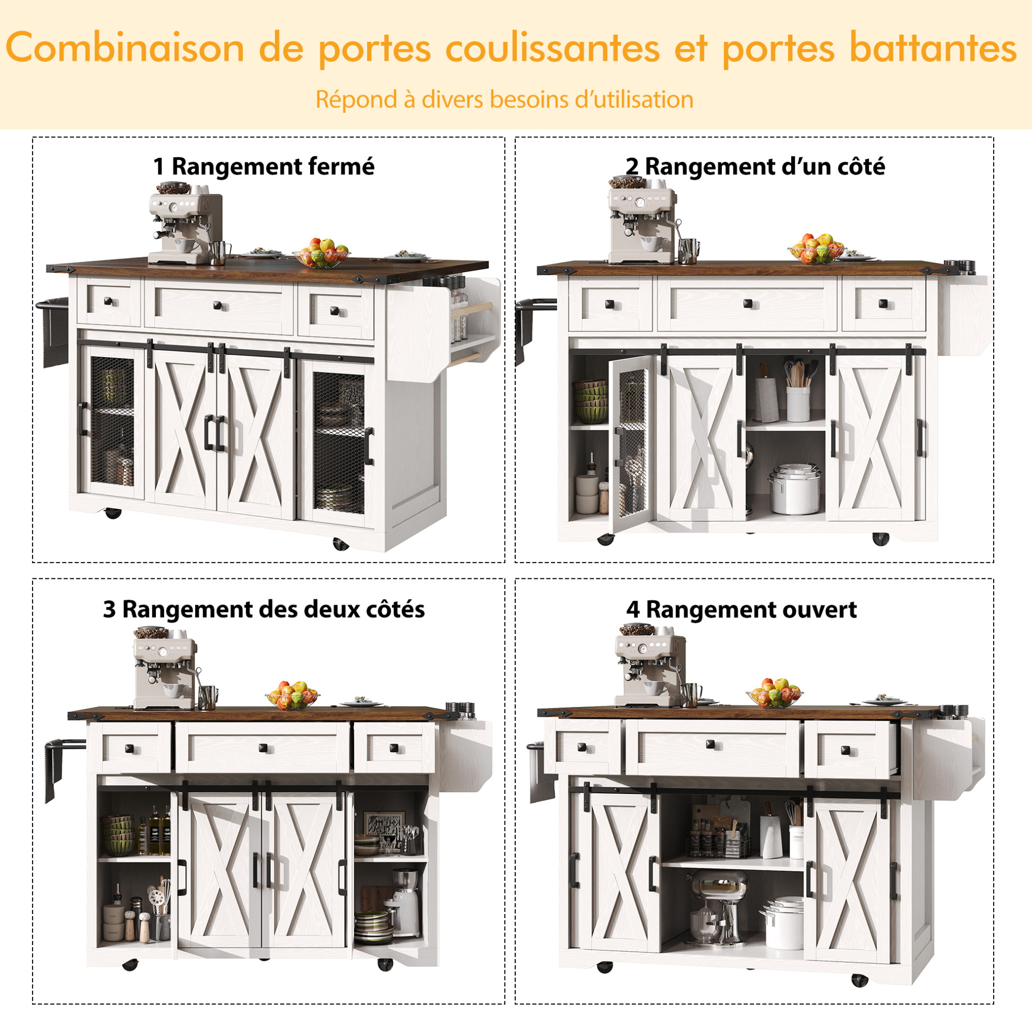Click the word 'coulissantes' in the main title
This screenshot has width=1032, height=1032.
pyautogui.click(x=552, y=48)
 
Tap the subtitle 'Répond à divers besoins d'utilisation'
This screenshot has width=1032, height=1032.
pyautogui.click(x=505, y=99)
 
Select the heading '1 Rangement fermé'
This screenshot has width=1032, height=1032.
pyautogui.click(x=263, y=166)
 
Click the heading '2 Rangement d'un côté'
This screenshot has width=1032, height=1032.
pyautogui.click(x=755, y=166)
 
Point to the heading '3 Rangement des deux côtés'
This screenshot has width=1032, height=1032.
pyautogui.click(x=264, y=609)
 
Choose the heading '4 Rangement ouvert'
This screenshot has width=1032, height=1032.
pyautogui.click(x=741, y=609)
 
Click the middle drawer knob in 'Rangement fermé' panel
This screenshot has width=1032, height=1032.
pyautogui.click(x=218, y=306)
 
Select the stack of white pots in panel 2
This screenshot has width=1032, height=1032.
pyautogui.click(x=795, y=489)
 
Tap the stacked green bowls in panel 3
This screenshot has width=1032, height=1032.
pyautogui.click(x=118, y=835)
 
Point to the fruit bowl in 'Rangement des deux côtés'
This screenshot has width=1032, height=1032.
pyautogui.click(x=292, y=695)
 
